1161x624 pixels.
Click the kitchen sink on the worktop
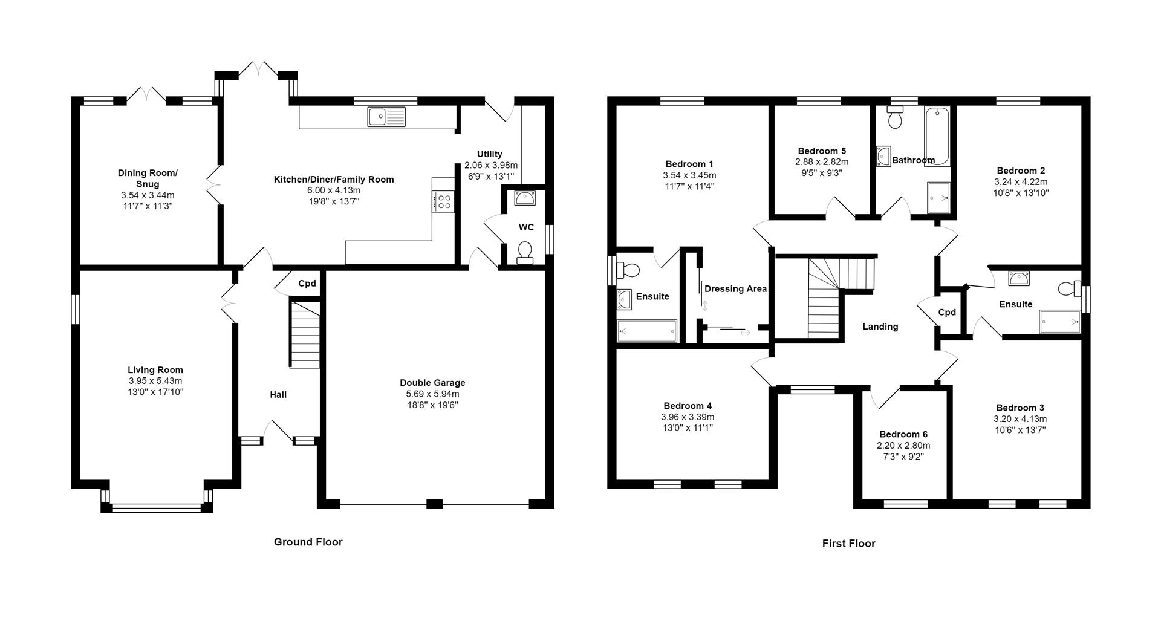click(386, 116)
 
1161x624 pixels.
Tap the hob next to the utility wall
click(443, 201)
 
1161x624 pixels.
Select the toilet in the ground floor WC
click(525, 252)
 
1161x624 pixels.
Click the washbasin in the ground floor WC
click(522, 198)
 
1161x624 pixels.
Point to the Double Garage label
click(432, 383)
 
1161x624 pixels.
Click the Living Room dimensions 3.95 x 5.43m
click(155, 381)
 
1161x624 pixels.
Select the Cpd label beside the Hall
click(307, 284)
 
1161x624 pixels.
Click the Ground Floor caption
click(308, 542)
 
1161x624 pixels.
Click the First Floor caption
click(848, 544)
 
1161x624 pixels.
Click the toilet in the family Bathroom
click(894, 117)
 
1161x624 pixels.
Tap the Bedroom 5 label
click(822, 151)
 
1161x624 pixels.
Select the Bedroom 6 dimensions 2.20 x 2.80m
click(903, 446)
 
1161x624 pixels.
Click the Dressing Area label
click(735, 289)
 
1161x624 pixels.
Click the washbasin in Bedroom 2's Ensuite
click(1019, 279)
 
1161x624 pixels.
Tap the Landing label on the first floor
click(880, 327)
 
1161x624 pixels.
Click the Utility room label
click(489, 154)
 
